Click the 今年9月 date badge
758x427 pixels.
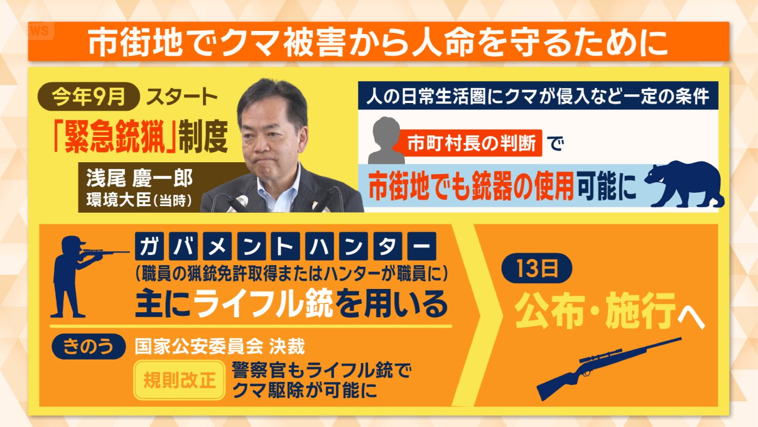88,97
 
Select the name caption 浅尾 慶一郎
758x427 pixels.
139,178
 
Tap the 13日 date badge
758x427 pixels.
536,268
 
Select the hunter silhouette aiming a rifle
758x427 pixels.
77,276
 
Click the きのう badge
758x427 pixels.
88,346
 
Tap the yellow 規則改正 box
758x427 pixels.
179,380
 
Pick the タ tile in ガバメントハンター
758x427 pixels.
387,247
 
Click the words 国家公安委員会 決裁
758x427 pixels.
220,346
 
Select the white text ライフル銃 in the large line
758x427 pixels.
264,303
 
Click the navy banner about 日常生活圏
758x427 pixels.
537,96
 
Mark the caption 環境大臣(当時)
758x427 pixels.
139,200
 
